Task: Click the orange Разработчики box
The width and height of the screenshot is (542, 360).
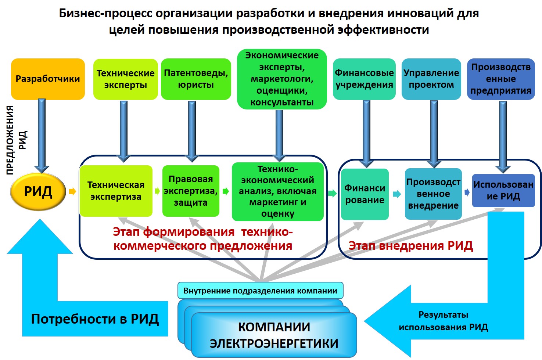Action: (x=48, y=79)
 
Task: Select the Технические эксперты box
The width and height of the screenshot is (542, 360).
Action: (x=125, y=79)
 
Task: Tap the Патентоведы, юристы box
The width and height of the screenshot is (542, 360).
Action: (x=196, y=79)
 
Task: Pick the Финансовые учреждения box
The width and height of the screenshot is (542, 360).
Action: (x=364, y=79)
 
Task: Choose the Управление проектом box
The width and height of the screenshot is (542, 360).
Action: (x=431, y=79)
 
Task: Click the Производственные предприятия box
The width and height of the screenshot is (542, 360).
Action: (x=501, y=79)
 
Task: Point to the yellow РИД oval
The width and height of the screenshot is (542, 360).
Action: (x=38, y=191)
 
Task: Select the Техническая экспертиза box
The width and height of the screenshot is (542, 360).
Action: (x=116, y=191)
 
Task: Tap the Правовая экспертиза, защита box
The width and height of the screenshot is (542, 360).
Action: (x=191, y=191)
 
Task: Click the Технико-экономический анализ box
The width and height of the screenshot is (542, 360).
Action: (x=277, y=191)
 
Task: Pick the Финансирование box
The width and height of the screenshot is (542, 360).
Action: (x=365, y=194)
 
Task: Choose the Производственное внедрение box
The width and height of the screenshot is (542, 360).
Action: (x=433, y=194)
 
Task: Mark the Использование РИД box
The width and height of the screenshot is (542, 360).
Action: (x=503, y=190)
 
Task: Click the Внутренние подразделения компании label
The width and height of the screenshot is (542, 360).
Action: (x=260, y=291)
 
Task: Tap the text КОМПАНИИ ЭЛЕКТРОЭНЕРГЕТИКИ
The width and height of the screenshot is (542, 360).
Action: (x=274, y=335)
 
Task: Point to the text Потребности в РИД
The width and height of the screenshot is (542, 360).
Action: (x=95, y=319)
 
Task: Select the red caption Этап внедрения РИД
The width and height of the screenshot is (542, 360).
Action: (x=410, y=245)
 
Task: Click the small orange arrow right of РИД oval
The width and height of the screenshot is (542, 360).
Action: (x=72, y=191)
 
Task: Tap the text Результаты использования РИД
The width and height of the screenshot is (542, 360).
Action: (x=443, y=321)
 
